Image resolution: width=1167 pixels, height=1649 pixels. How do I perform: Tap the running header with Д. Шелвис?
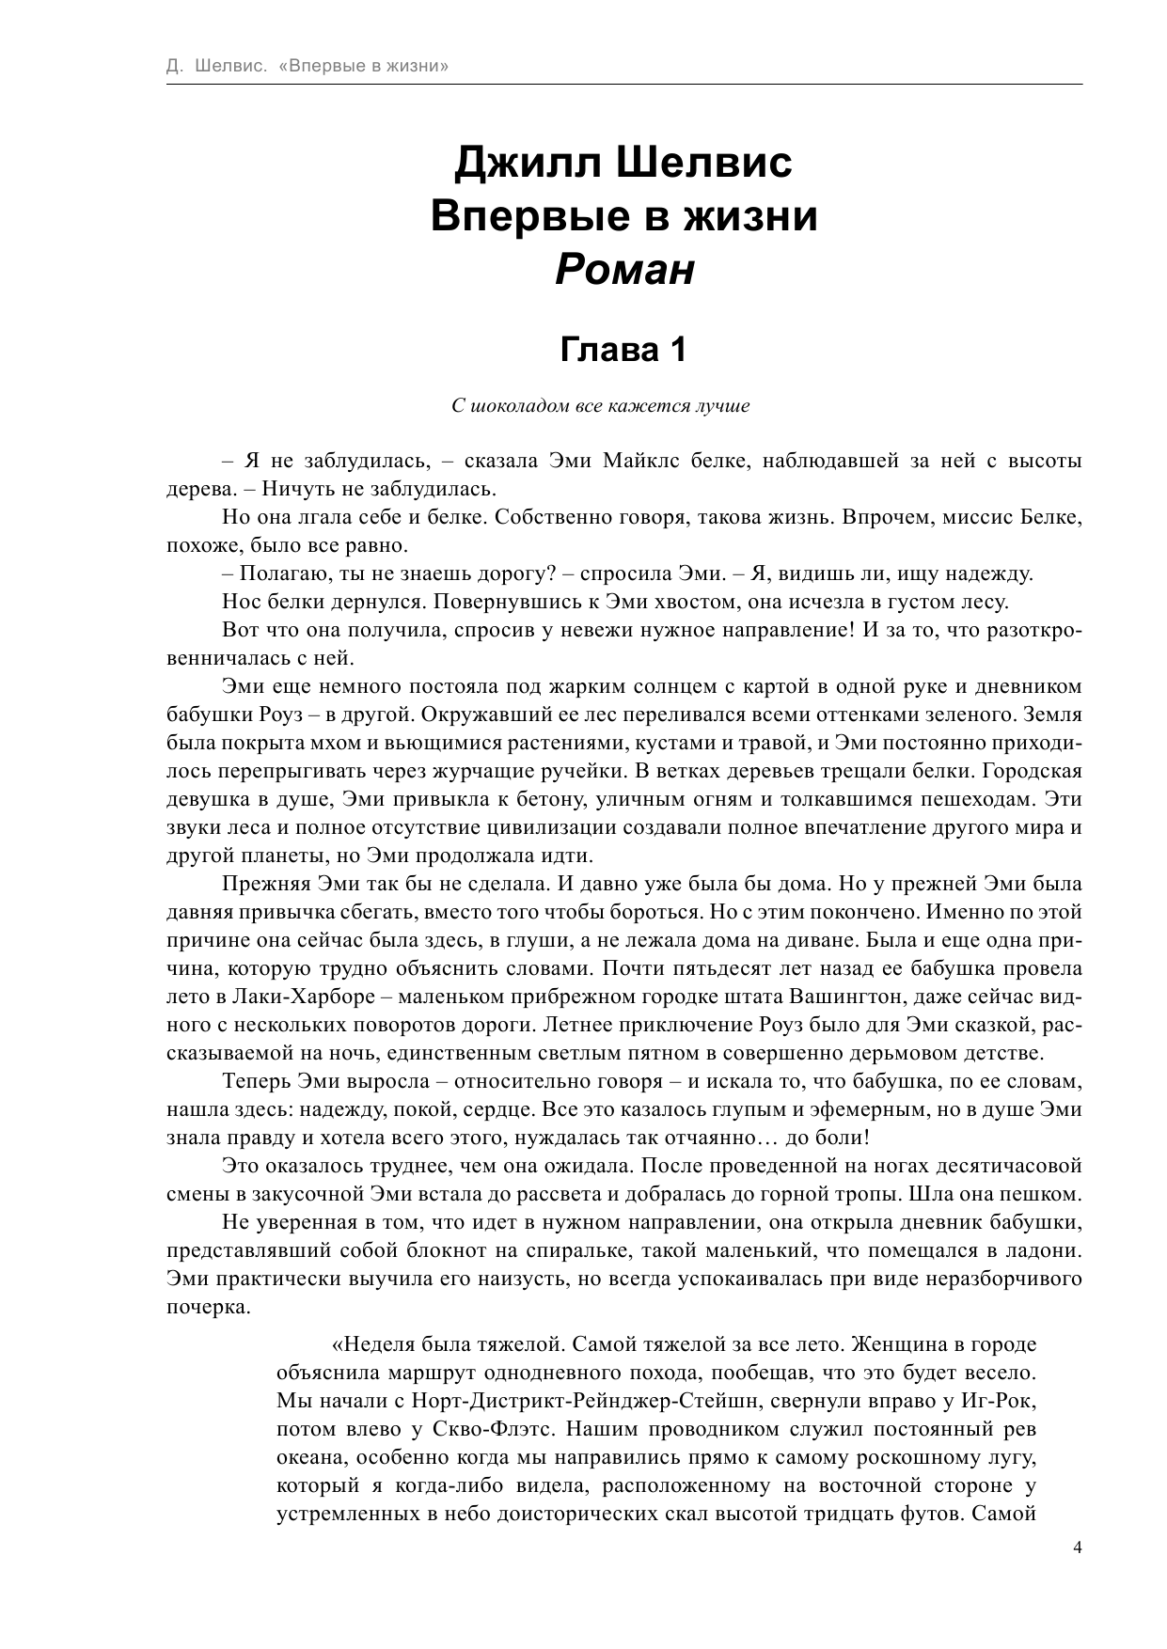point(306,67)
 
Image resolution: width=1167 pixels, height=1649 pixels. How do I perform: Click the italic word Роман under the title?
point(624,271)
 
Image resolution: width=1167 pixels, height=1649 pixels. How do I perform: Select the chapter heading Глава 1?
point(624,350)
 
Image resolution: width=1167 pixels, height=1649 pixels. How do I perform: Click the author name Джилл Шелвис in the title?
point(624,162)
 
